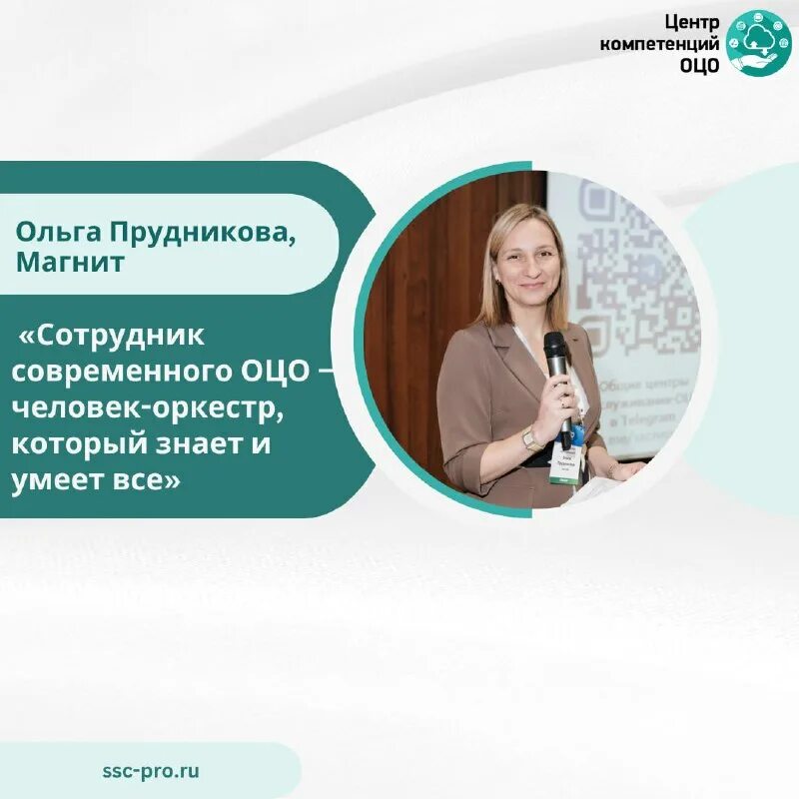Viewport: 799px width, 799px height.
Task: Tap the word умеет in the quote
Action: [50, 480]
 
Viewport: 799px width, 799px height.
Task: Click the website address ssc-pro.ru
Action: [150, 770]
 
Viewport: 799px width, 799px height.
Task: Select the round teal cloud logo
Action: [758, 43]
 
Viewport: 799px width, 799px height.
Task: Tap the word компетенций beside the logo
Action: [660, 44]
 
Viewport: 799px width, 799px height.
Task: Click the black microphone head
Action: [556, 348]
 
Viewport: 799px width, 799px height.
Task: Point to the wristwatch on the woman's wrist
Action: [531, 437]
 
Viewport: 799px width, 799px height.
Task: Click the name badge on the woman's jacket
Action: [565, 465]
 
